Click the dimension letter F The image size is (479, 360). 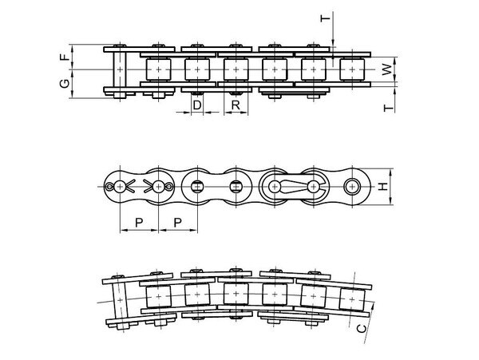tap(64, 57)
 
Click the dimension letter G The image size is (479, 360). tap(65, 83)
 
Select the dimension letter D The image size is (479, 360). tap(197, 105)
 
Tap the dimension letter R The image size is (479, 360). tap(236, 105)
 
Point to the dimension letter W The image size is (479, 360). tap(387, 70)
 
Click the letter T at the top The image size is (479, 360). tap(326, 18)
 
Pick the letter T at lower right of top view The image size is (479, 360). tap(388, 108)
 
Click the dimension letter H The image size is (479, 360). tap(382, 186)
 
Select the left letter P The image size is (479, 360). tap(139, 223)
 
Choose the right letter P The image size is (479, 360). tap(177, 223)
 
